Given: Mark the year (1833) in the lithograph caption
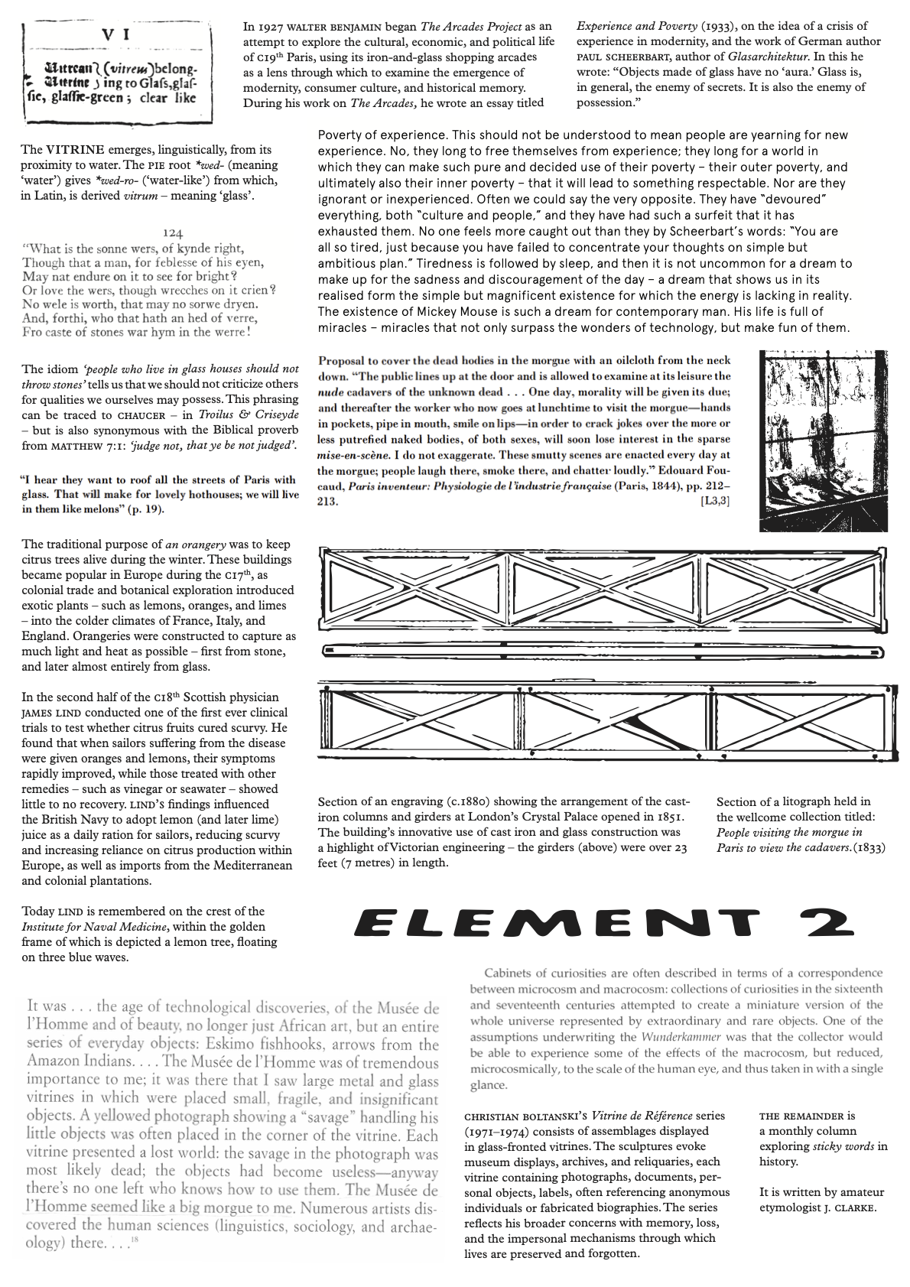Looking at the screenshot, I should click(869, 848).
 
